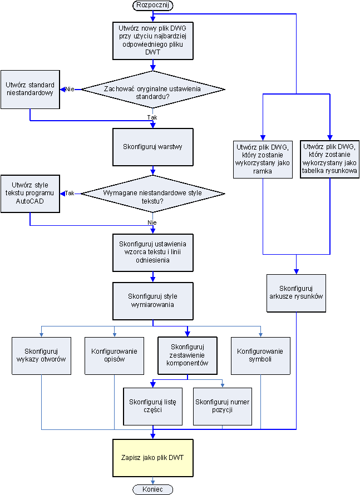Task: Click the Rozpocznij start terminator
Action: [x=152, y=5]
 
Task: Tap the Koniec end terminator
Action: [x=152, y=489]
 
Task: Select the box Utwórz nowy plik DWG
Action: [x=153, y=40]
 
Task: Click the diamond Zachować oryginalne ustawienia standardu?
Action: [x=153, y=89]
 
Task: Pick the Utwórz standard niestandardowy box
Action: [x=30, y=88]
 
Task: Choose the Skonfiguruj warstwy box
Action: [x=153, y=147]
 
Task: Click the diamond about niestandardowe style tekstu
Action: [x=153, y=194]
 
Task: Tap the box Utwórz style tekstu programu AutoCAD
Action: [x=30, y=194]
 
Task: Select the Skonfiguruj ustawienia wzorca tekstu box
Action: [x=153, y=252]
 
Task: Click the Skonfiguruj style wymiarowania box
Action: [x=153, y=300]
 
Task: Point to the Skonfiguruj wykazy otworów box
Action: [x=42, y=355]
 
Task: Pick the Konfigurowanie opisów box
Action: [x=114, y=355]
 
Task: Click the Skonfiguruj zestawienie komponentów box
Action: [x=187, y=355]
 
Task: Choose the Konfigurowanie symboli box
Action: [x=260, y=355]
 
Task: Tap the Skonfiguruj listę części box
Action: [x=152, y=405]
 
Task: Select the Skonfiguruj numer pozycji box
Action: [x=223, y=405]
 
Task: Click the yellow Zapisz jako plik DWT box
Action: [x=153, y=458]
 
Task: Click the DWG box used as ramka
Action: [x=263, y=159]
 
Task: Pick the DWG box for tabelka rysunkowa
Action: [x=330, y=159]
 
